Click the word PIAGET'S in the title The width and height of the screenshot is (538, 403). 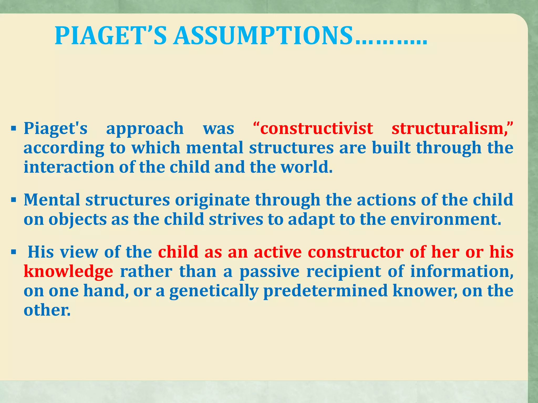coord(110,36)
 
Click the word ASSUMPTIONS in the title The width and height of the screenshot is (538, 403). coord(263,36)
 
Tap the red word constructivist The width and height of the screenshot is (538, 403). coord(316,129)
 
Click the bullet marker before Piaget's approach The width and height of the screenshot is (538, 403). coord(14,129)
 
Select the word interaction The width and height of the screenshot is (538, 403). coord(69,167)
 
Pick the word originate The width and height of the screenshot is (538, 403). coord(212,200)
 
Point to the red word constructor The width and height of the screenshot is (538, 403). coord(355,252)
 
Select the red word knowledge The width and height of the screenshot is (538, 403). coord(68,272)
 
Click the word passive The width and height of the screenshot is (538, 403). coord(269,272)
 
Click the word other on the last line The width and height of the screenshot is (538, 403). coord(47,310)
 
